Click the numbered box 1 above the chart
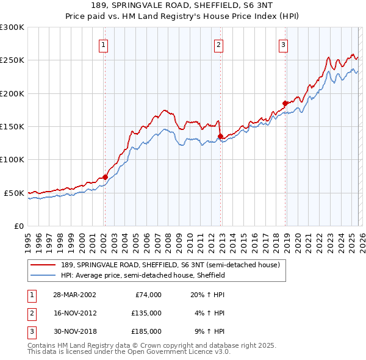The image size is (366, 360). [x=104, y=45]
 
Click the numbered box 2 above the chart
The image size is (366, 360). [x=218, y=45]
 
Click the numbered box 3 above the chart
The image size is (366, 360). [x=284, y=45]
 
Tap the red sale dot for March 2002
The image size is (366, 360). [x=105, y=177]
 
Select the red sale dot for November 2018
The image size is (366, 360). [x=285, y=103]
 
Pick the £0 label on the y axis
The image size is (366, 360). [x=18, y=226]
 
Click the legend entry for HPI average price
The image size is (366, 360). [x=143, y=275]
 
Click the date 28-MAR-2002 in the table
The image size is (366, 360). [x=74, y=294]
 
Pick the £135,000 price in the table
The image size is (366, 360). [x=146, y=312]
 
